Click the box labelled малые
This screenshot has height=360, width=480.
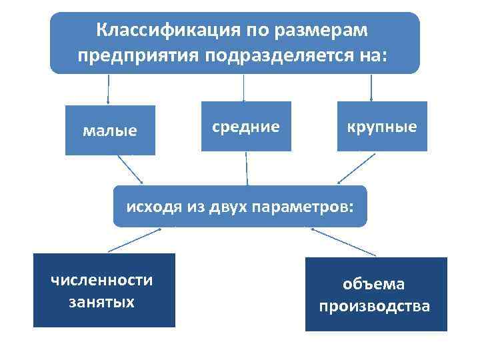110,130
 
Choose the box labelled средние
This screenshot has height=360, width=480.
246,126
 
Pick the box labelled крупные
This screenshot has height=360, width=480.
382,126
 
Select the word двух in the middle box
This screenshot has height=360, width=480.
227,206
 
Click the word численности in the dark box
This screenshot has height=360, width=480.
102,280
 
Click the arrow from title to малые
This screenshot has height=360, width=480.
109,89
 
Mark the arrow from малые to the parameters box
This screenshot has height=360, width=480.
131,169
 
